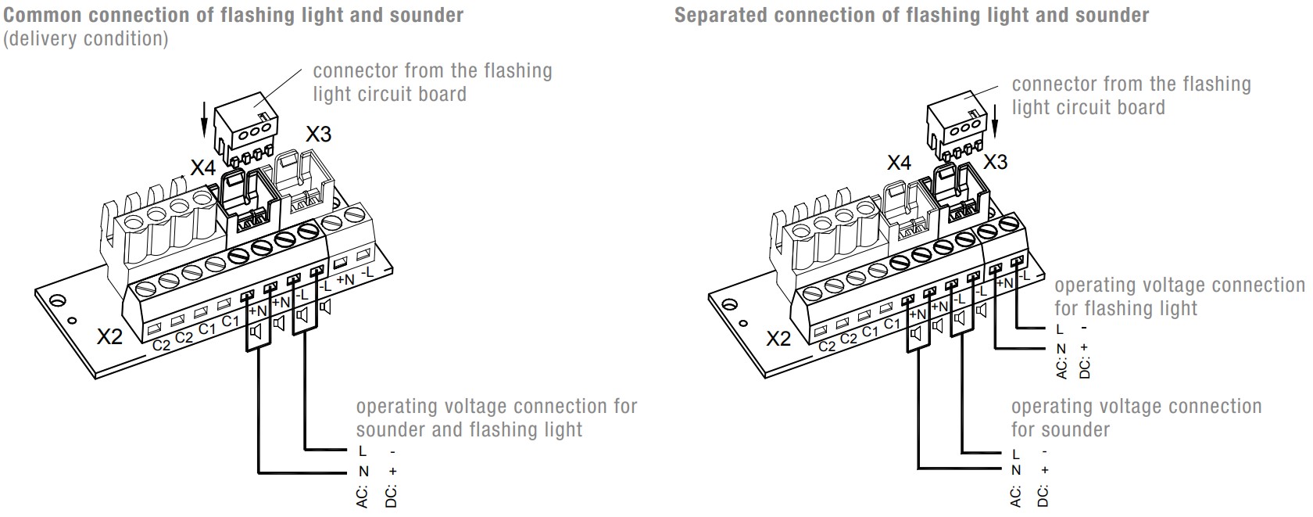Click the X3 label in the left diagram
coord(318,134)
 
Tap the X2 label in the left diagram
coord(110,337)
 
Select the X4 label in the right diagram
coord(899,163)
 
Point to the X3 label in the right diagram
coord(995,162)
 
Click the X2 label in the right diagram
coord(778,339)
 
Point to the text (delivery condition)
coord(86,39)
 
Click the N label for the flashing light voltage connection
coord(1061,349)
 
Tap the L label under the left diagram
coord(362,451)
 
